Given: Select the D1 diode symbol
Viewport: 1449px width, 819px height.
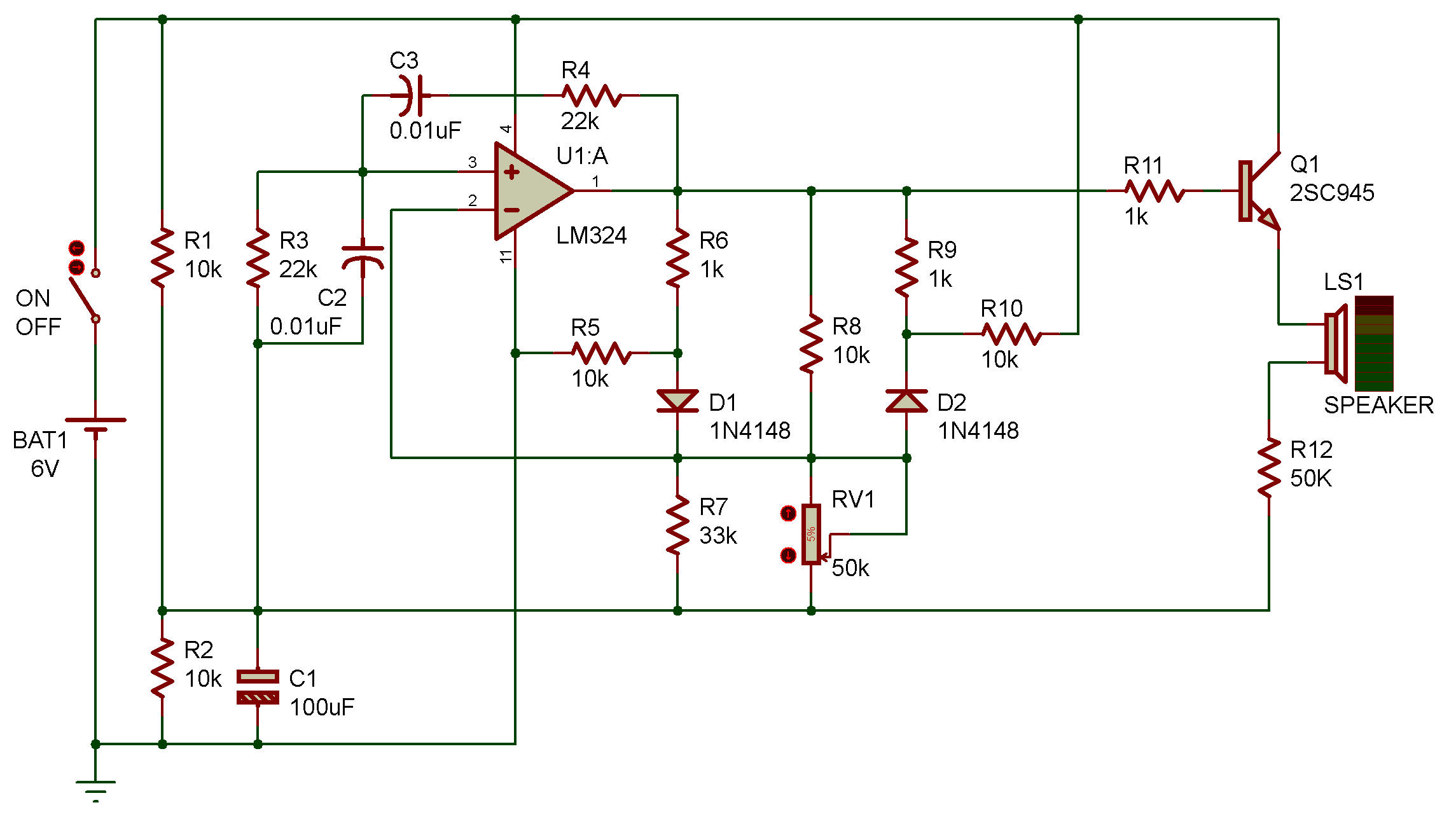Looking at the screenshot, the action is (677, 401).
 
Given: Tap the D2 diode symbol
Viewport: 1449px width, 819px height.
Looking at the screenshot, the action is (906, 401).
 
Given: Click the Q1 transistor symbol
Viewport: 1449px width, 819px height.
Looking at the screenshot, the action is (1259, 191).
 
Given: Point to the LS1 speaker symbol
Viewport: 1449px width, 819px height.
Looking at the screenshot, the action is (1336, 343).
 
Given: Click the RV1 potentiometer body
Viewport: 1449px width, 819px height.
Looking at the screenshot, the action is (811, 534).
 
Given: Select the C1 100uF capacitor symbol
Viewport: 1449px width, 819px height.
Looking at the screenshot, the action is (258, 687).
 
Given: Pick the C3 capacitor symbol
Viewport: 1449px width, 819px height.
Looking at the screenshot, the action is (410, 95).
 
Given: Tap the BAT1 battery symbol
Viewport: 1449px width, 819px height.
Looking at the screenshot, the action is (95, 425).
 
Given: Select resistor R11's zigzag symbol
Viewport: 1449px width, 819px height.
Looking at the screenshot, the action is (1154, 191).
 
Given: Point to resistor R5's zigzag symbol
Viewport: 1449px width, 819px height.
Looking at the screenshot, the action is (601, 353).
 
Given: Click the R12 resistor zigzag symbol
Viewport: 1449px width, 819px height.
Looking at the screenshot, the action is (1269, 467).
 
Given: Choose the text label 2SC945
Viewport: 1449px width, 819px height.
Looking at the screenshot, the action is (1332, 193).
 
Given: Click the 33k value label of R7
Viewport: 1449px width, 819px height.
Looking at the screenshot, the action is (718, 536).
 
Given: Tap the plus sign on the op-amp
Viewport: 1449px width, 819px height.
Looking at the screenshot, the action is (511, 172).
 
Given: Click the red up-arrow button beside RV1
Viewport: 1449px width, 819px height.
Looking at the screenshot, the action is (788, 513).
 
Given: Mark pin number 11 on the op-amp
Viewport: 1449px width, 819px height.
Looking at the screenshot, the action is (505, 256).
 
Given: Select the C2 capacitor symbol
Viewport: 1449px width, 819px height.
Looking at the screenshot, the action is (363, 258).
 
